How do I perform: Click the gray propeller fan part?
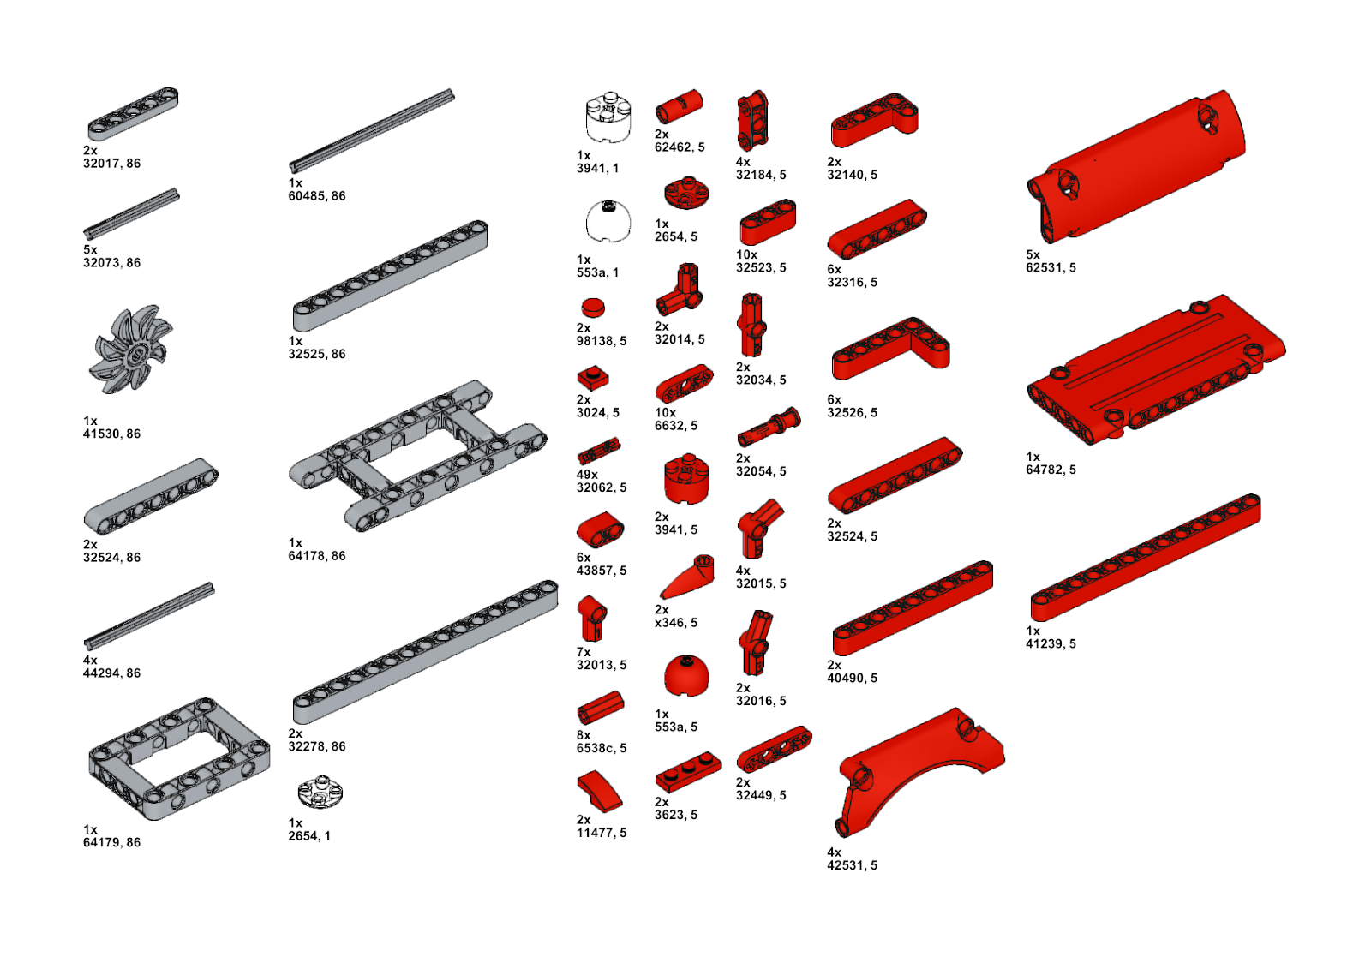(x=130, y=350)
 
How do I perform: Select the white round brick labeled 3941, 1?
(x=608, y=118)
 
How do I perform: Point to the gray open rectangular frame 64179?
(x=178, y=757)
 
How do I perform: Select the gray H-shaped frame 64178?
(x=417, y=455)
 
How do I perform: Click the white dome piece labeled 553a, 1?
(x=608, y=222)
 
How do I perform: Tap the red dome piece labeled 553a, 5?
(x=685, y=676)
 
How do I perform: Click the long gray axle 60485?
(x=372, y=130)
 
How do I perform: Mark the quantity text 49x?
(x=587, y=475)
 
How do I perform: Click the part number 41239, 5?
(x=1051, y=643)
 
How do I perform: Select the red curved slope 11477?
(x=600, y=791)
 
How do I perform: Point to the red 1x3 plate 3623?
(x=687, y=771)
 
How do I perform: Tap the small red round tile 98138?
(x=593, y=308)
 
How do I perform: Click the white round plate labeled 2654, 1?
(x=320, y=792)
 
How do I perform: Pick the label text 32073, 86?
(x=111, y=263)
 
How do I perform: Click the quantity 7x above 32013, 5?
(x=584, y=652)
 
